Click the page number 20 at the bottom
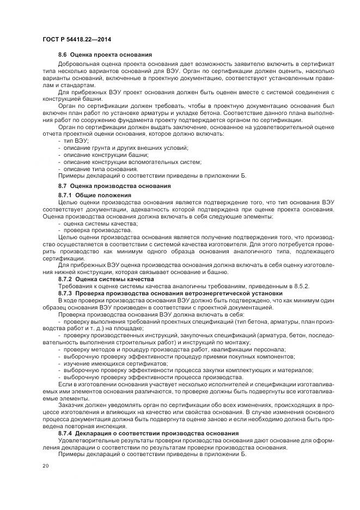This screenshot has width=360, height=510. pos(45,466)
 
